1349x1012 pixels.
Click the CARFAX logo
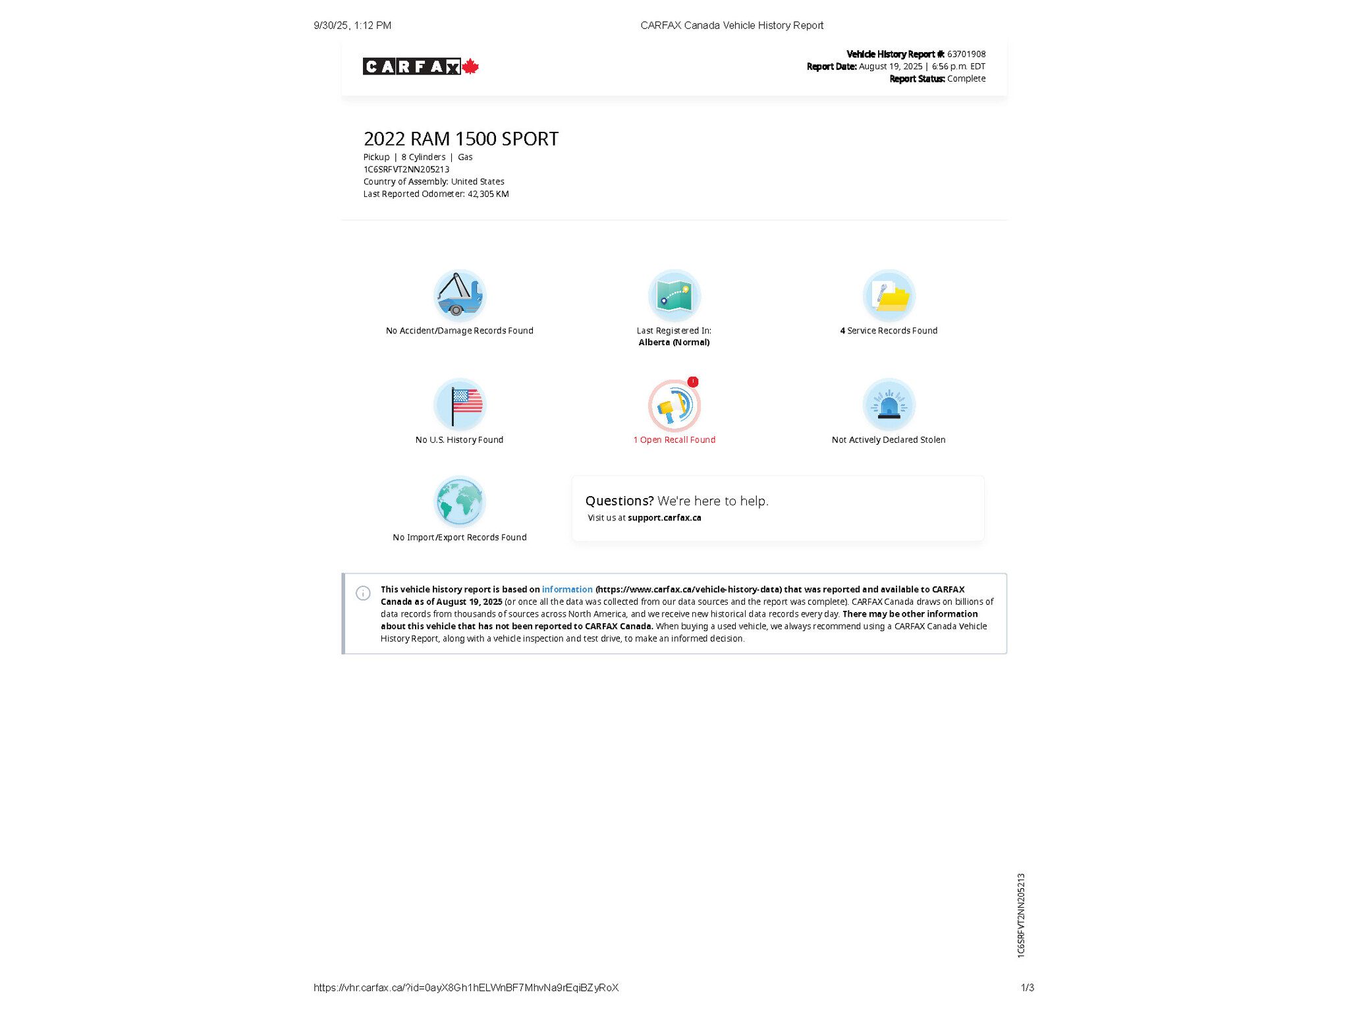[x=411, y=67]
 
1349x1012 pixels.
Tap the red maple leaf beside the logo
[x=470, y=67]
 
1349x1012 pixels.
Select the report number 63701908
[x=966, y=54]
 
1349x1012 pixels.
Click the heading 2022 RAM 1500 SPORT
[x=460, y=139]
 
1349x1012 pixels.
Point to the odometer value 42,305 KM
[x=488, y=194]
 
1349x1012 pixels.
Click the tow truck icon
[x=459, y=295]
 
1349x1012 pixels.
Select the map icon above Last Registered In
[x=674, y=295]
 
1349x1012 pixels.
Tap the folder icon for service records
[x=889, y=295]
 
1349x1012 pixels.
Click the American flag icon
[x=459, y=404]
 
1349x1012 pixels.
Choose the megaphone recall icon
[x=674, y=405]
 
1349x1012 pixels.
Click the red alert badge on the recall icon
[x=693, y=381]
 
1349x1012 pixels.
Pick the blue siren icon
[x=889, y=404]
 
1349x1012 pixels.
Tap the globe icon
[x=459, y=501]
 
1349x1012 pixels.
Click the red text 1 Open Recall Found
[x=674, y=439]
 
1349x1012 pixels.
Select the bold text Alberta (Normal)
[x=674, y=343]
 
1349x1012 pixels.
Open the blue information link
[x=567, y=590]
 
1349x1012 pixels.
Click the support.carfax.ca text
[x=664, y=518]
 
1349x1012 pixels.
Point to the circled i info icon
[x=363, y=593]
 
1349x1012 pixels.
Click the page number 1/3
[x=1027, y=988]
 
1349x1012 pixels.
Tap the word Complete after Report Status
[x=966, y=78]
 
